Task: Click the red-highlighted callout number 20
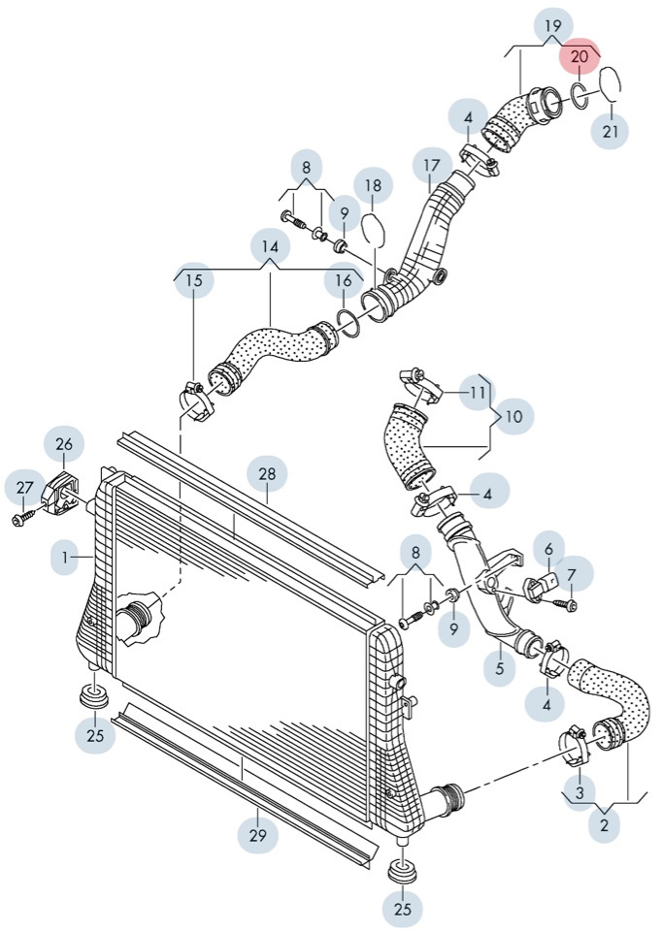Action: coord(580,57)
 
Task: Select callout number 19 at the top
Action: coord(552,24)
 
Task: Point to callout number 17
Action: coord(431,166)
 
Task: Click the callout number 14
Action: coord(270,247)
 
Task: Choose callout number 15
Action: coord(194,281)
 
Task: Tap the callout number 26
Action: coord(64,445)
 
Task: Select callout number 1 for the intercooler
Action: coord(66,558)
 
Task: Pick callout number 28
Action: coord(267,473)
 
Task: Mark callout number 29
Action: coord(258,833)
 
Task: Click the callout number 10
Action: coord(514,416)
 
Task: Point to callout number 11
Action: coord(477,393)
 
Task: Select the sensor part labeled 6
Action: coord(539,587)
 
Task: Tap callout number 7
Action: coord(572,574)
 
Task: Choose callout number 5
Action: coord(500,668)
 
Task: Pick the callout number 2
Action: coord(605,825)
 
